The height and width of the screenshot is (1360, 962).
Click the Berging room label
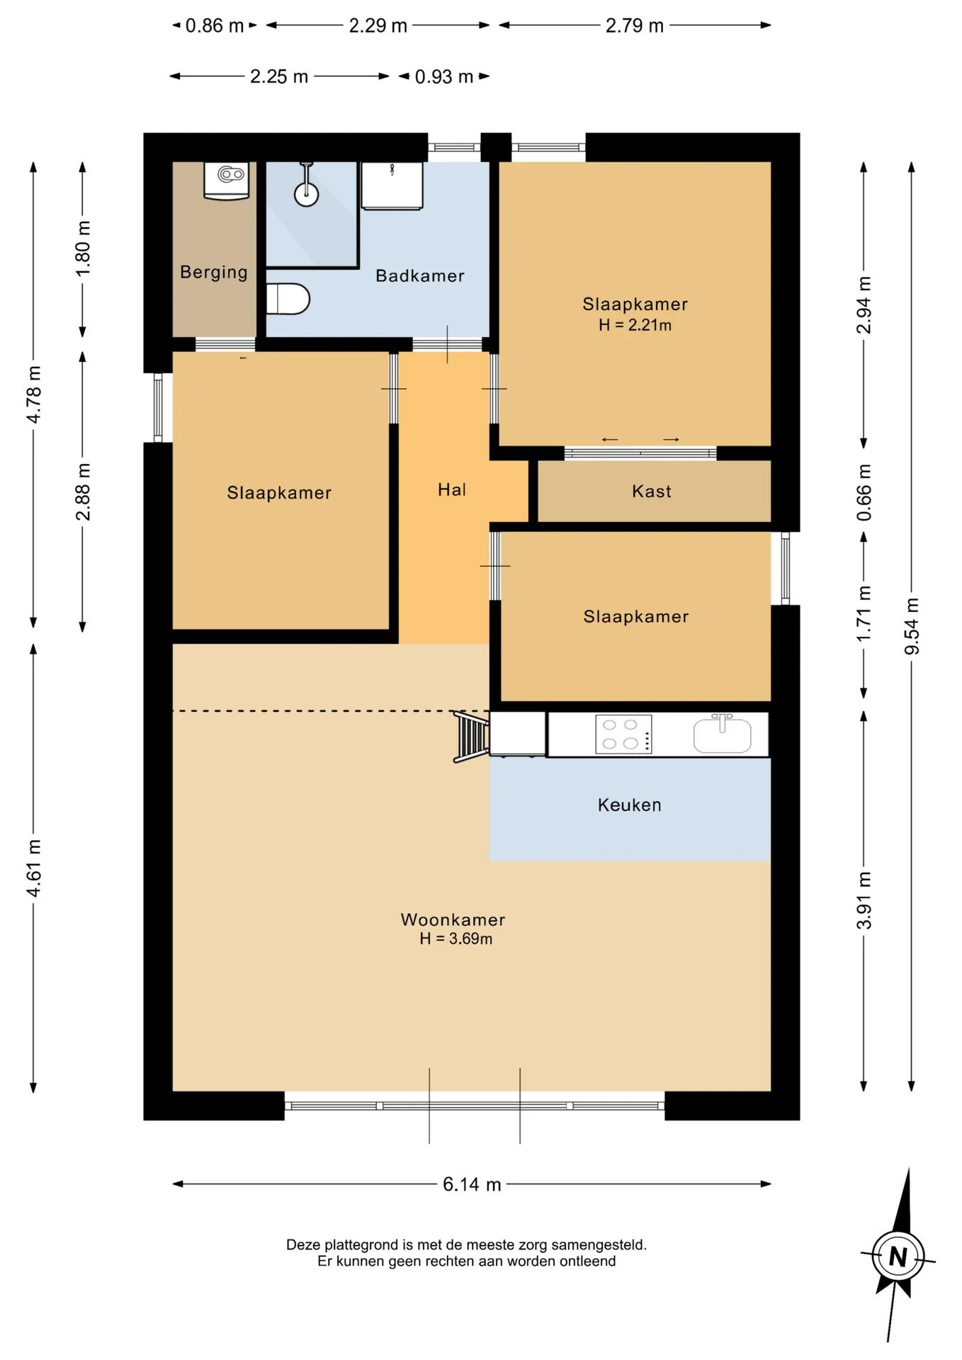[214, 273]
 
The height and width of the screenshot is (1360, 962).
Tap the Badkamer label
[420, 276]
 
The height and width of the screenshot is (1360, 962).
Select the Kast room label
[652, 491]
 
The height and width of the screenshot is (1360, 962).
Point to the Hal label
[452, 489]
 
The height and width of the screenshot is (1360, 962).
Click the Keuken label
[630, 805]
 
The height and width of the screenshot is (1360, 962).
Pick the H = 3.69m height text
[455, 939]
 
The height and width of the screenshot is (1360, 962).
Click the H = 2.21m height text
[635, 325]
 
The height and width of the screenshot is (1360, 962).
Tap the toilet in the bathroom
[288, 299]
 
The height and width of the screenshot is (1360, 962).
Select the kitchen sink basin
[723, 735]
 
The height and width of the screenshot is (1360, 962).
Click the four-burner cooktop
[623, 734]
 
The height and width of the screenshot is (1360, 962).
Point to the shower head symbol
[306, 186]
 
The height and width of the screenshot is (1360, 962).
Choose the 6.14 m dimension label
[472, 1184]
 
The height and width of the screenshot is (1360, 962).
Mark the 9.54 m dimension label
[912, 626]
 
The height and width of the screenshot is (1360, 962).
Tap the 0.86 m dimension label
[215, 26]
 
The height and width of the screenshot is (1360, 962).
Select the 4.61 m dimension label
[34, 868]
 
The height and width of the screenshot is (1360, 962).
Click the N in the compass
[898, 1257]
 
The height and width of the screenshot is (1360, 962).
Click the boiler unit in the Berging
[227, 181]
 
